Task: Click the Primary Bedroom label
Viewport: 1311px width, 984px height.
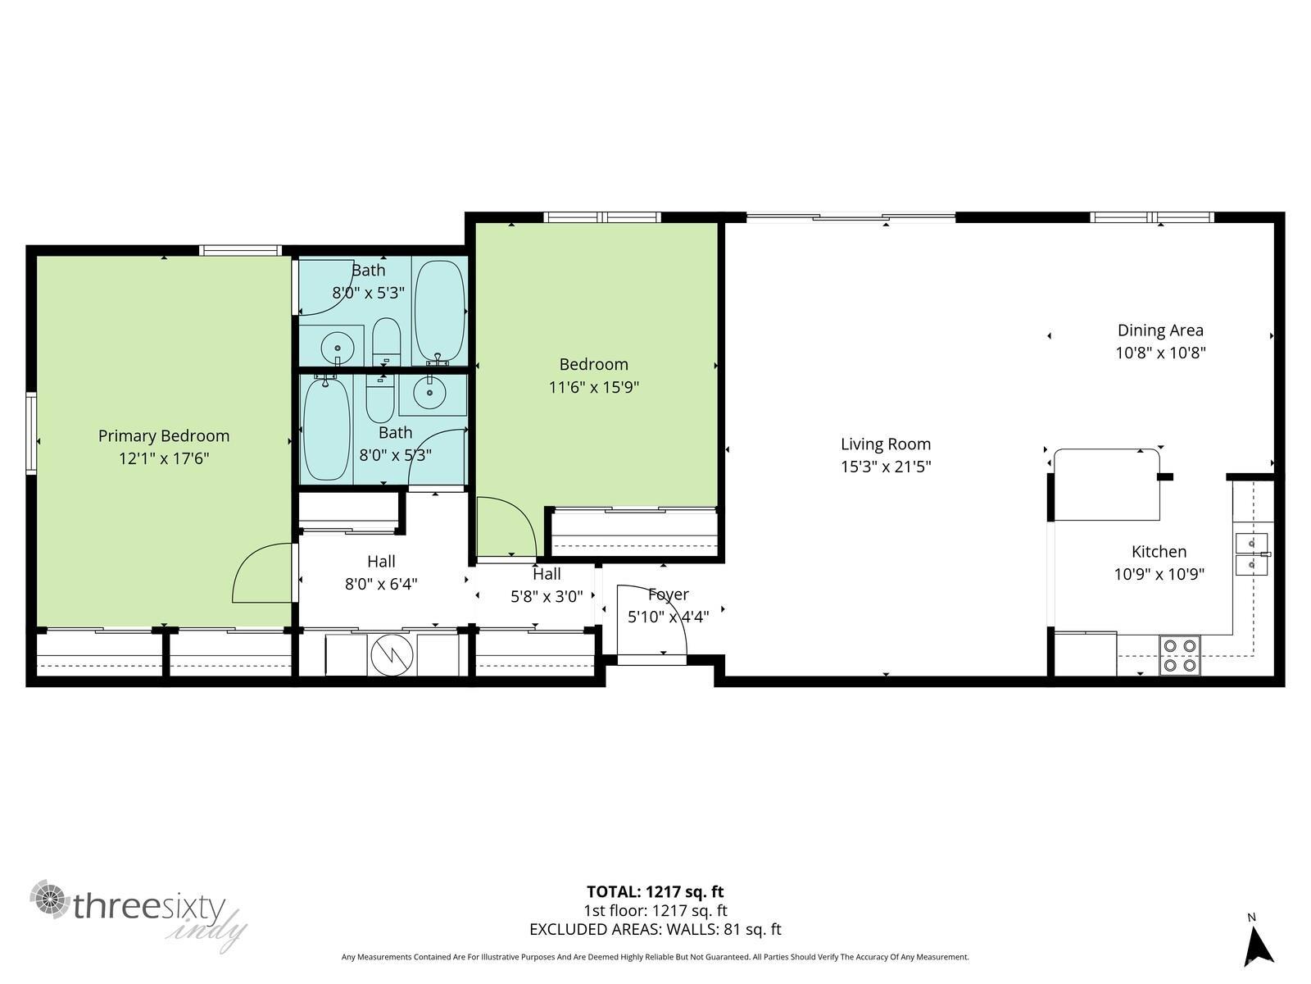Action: pyautogui.click(x=164, y=435)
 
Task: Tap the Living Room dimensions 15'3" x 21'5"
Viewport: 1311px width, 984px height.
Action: pyautogui.click(x=886, y=467)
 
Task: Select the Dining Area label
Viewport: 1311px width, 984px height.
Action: pyautogui.click(x=1160, y=330)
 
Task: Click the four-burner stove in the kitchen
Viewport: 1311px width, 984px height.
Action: pyautogui.click(x=1180, y=655)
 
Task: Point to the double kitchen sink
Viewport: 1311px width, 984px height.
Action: pyautogui.click(x=1251, y=553)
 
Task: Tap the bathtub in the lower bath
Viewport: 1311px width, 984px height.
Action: pyautogui.click(x=326, y=428)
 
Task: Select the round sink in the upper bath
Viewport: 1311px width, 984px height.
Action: pyautogui.click(x=337, y=346)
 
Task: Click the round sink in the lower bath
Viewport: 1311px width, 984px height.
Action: pyautogui.click(x=429, y=393)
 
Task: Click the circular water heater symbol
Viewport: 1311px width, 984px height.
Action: pyautogui.click(x=392, y=655)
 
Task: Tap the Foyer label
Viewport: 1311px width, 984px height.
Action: pyautogui.click(x=668, y=594)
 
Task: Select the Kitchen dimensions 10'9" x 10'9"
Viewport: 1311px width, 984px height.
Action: pyautogui.click(x=1159, y=574)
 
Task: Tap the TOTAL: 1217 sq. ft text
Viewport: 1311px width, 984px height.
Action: pyautogui.click(x=655, y=891)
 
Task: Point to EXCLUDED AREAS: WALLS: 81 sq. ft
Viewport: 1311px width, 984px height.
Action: pyautogui.click(x=655, y=929)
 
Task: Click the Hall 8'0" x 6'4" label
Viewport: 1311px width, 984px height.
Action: pyautogui.click(x=381, y=572)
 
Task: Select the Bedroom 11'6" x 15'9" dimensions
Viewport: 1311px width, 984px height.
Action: pyautogui.click(x=593, y=387)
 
